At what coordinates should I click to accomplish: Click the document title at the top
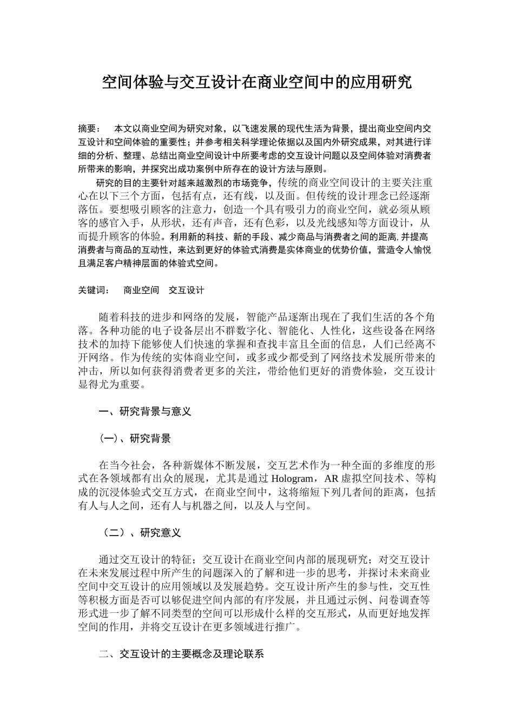[257, 82]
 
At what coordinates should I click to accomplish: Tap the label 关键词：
[94, 290]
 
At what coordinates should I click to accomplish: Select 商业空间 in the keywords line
[141, 290]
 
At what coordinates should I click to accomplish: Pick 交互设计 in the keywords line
[187, 290]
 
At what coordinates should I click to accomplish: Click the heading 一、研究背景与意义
[145, 412]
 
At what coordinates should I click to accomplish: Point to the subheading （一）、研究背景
[135, 438]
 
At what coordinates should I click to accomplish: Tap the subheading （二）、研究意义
[140, 533]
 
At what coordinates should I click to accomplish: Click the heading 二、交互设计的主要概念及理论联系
[181, 654]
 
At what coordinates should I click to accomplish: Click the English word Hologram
[292, 479]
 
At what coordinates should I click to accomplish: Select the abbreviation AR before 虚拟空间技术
[330, 479]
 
